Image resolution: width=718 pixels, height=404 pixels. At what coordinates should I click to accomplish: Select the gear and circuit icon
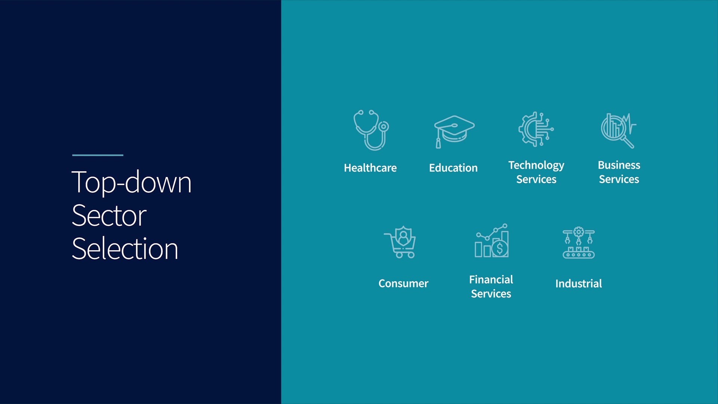(536, 129)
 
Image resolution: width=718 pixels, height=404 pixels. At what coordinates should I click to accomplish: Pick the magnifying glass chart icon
(619, 131)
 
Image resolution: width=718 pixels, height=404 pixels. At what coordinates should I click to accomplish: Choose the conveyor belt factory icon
(579, 243)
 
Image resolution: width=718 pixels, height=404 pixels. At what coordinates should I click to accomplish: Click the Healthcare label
(370, 168)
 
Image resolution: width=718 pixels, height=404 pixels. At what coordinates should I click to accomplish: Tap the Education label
(453, 168)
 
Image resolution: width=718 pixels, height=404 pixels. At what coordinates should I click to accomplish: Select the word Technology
(536, 166)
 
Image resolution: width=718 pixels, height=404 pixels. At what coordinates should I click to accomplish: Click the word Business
(619, 165)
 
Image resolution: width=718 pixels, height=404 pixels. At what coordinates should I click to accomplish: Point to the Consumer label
(404, 284)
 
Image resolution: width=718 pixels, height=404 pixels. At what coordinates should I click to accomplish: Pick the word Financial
(491, 279)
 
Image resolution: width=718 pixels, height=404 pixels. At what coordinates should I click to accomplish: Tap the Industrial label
(579, 284)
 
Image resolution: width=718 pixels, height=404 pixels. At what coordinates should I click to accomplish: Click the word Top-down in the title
(131, 182)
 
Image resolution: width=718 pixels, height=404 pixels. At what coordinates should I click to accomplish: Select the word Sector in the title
(109, 215)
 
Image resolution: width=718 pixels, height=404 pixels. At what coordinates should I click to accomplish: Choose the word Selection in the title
(125, 248)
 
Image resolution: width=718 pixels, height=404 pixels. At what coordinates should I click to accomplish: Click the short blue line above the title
(98, 155)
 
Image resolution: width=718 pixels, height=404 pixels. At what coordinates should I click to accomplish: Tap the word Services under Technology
(536, 180)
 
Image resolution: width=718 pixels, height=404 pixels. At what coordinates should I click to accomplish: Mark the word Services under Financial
(491, 294)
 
